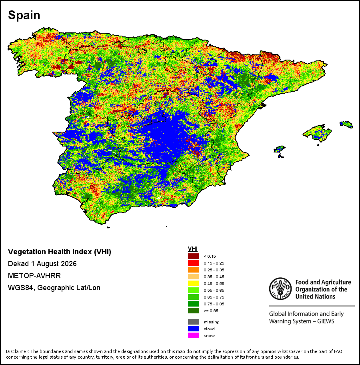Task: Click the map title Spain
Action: [24, 15]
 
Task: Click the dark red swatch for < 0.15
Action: [193, 256]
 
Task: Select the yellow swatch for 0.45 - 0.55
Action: [193, 283]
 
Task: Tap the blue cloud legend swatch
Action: [193, 329]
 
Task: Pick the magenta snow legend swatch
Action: [193, 335]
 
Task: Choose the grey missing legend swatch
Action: [193, 322]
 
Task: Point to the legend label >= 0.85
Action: [211, 311]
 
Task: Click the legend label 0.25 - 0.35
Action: [214, 270]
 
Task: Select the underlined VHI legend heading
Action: [193, 249]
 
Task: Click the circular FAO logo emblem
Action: [280, 289]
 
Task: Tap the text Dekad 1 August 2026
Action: [42, 264]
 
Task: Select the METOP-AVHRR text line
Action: [34, 276]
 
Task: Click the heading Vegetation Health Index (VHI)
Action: [60, 252]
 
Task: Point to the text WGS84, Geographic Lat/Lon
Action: [54, 288]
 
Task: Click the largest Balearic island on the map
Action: [317, 133]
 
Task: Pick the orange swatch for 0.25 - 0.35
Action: [193, 270]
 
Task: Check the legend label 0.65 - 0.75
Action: [214, 297]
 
